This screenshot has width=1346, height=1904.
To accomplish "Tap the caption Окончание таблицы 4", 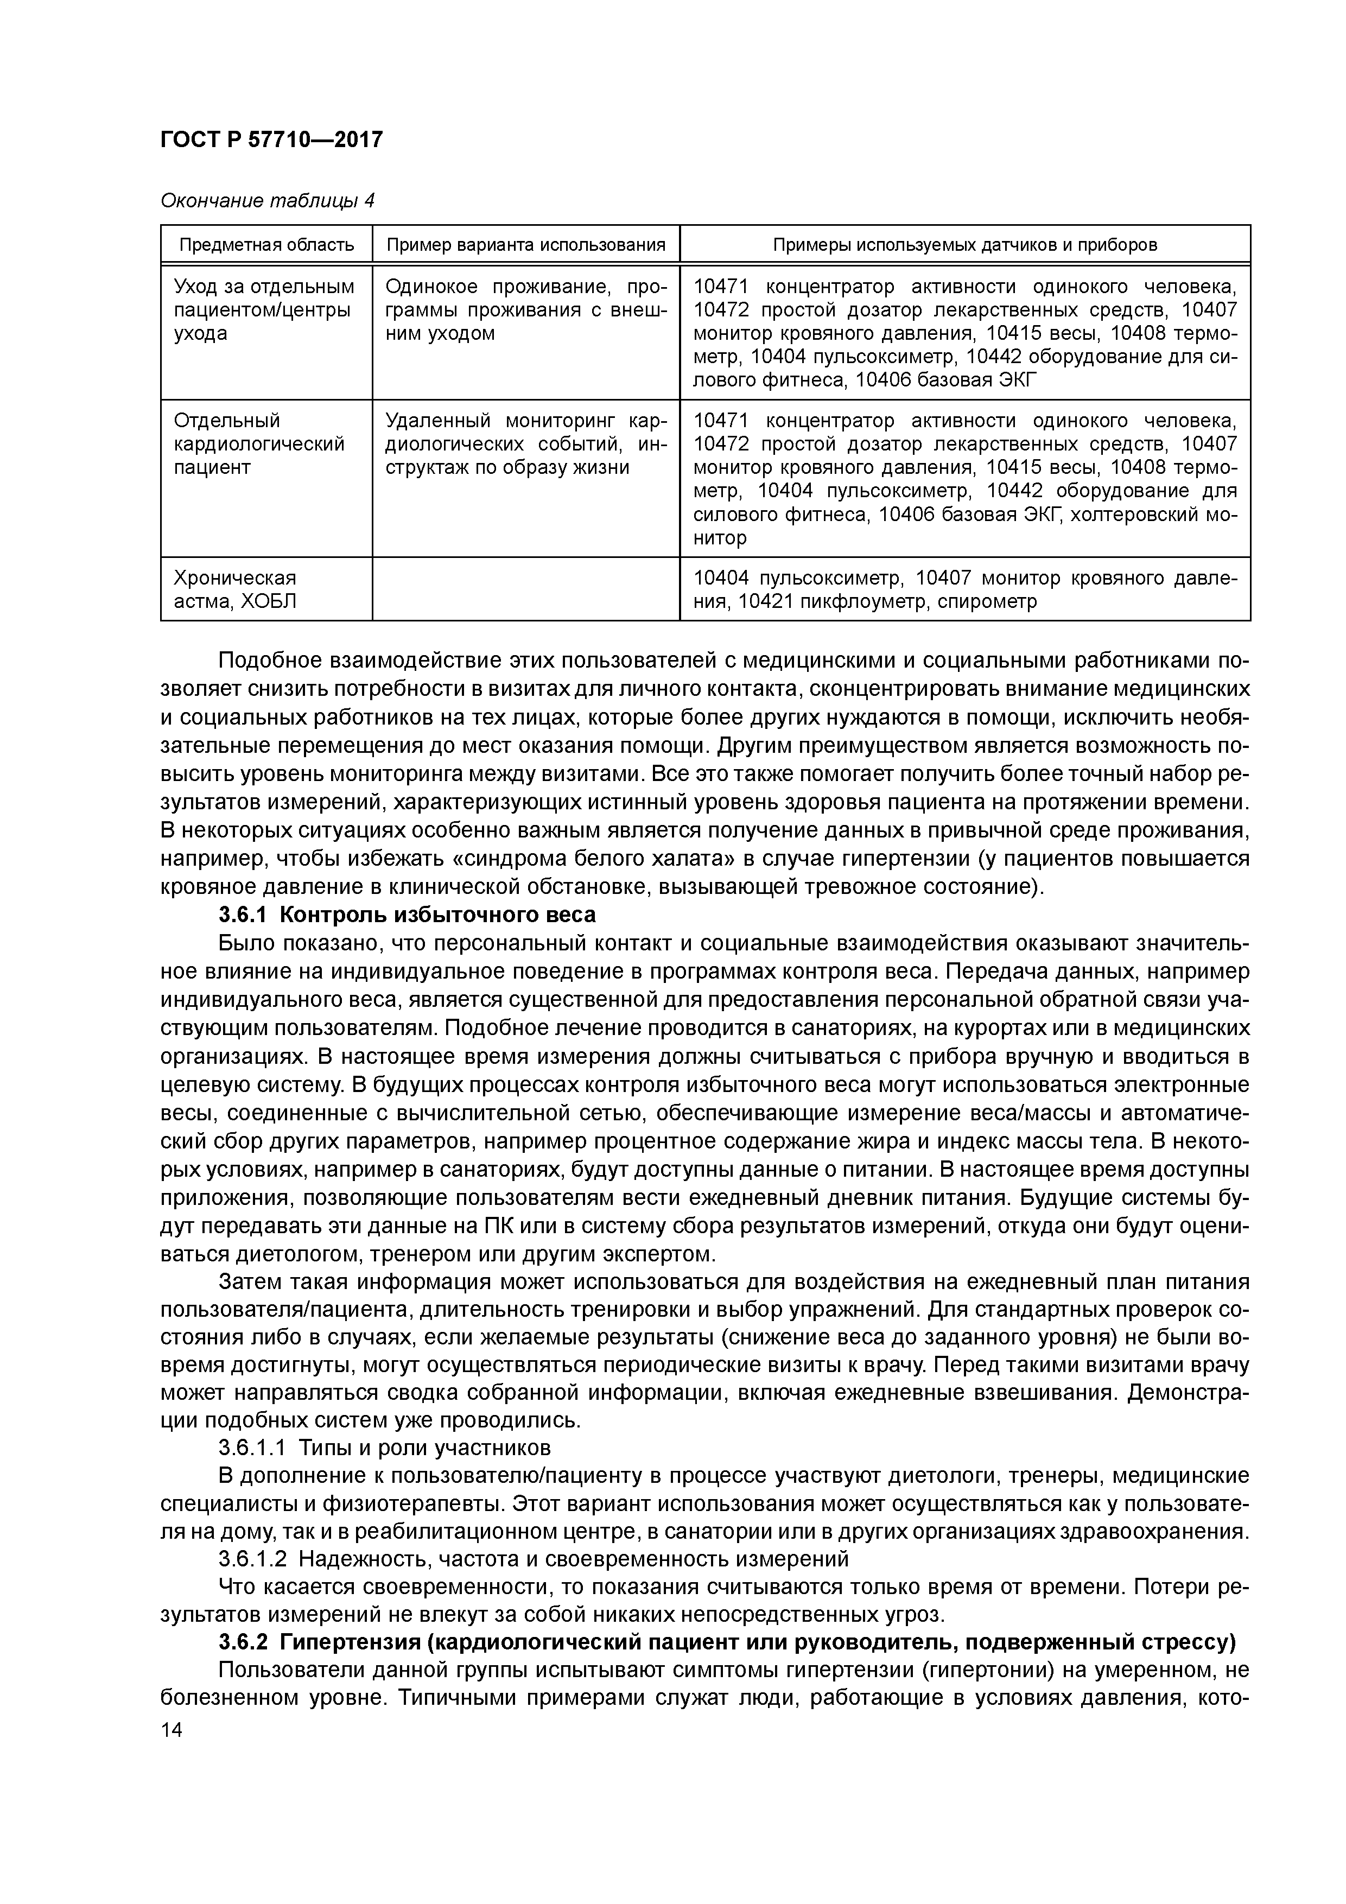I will [267, 201].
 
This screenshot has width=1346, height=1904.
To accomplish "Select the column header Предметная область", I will [266, 245].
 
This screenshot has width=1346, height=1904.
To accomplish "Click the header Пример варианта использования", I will [526, 245].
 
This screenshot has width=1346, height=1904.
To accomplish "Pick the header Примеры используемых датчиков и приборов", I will [964, 245].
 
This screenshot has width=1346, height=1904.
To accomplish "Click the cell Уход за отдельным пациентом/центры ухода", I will [264, 310].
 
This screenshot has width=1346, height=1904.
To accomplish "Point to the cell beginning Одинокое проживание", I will [526, 310].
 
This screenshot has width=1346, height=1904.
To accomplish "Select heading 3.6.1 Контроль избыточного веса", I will [407, 916].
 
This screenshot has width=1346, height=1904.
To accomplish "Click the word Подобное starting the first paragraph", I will [270, 662].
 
